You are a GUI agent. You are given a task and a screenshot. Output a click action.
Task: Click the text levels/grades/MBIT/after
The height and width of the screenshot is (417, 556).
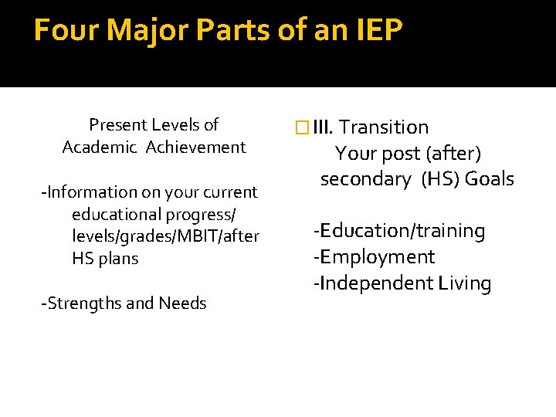point(165,236)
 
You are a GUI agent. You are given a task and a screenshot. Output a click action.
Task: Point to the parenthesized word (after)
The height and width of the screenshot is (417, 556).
point(455,154)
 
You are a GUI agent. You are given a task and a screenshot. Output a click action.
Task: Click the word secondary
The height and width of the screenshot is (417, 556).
point(365,179)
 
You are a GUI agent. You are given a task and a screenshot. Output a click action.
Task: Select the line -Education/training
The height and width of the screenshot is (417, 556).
point(398,231)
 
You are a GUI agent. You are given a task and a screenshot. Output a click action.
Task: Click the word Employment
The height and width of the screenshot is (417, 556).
point(377,257)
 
